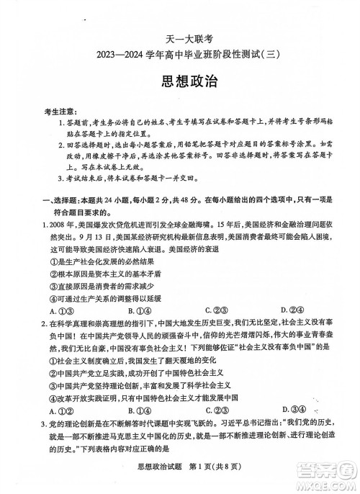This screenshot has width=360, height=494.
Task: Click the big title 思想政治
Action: click(x=179, y=81)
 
